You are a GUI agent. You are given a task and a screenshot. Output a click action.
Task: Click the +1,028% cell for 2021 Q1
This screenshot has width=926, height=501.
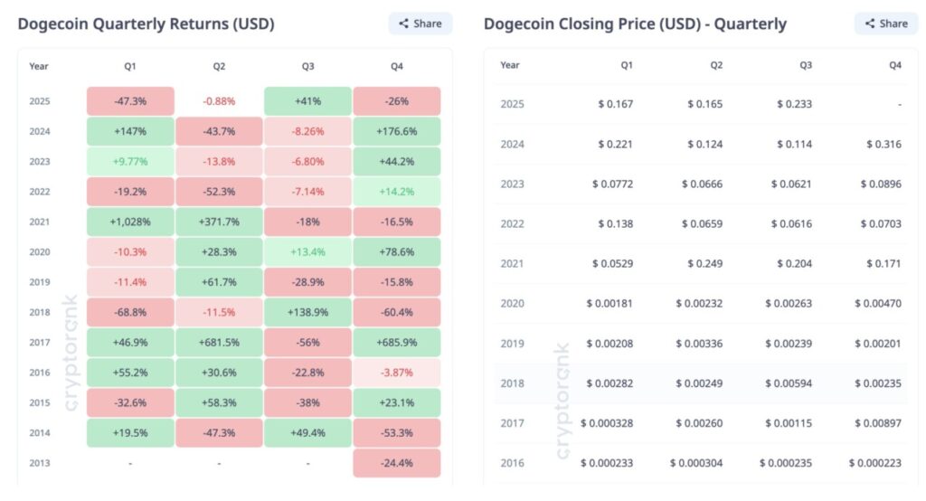pyautogui.click(x=130, y=222)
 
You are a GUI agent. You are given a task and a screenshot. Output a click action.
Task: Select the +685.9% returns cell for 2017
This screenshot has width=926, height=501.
pyautogui.click(x=396, y=343)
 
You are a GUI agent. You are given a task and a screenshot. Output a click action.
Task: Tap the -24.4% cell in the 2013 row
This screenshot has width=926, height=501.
pyautogui.click(x=396, y=463)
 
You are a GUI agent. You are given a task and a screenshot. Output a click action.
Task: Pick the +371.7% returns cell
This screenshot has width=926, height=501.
pyautogui.click(x=219, y=222)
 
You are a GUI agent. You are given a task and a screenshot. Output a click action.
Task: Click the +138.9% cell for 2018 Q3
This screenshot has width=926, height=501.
pyautogui.click(x=307, y=312)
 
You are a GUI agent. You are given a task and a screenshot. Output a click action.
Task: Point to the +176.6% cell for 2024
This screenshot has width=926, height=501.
pyautogui.click(x=396, y=131)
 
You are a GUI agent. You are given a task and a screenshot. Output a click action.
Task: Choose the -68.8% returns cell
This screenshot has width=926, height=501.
pyautogui.click(x=130, y=312)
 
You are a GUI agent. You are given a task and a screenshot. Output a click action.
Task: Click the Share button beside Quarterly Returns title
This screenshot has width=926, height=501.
pyautogui.click(x=420, y=24)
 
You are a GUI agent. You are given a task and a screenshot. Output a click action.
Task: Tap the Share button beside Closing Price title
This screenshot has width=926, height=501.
pyautogui.click(x=885, y=24)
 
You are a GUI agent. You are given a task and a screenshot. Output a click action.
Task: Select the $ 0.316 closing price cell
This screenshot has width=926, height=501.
pyautogui.click(x=883, y=144)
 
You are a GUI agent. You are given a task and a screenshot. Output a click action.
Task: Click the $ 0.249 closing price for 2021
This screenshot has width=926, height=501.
pyautogui.click(x=704, y=263)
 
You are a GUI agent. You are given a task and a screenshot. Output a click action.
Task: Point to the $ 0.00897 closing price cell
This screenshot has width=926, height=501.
pyautogui.click(x=876, y=422)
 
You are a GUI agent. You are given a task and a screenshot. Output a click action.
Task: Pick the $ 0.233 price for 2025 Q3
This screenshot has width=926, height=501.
pyautogui.click(x=794, y=104)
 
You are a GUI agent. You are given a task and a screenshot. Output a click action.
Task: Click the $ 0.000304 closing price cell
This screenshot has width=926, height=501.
pyautogui.click(x=696, y=462)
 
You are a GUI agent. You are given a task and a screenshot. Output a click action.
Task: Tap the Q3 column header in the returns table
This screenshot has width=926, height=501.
pyautogui.click(x=307, y=66)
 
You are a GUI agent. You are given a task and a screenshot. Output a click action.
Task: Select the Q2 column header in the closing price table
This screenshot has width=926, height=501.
pyautogui.click(x=716, y=65)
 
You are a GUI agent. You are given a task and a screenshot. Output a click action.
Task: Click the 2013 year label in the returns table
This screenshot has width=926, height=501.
pyautogui.click(x=39, y=463)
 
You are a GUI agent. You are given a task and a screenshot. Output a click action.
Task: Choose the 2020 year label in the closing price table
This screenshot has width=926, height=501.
pyautogui.click(x=512, y=303)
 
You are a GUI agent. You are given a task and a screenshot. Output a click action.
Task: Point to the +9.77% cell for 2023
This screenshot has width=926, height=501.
pyautogui.click(x=130, y=161)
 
